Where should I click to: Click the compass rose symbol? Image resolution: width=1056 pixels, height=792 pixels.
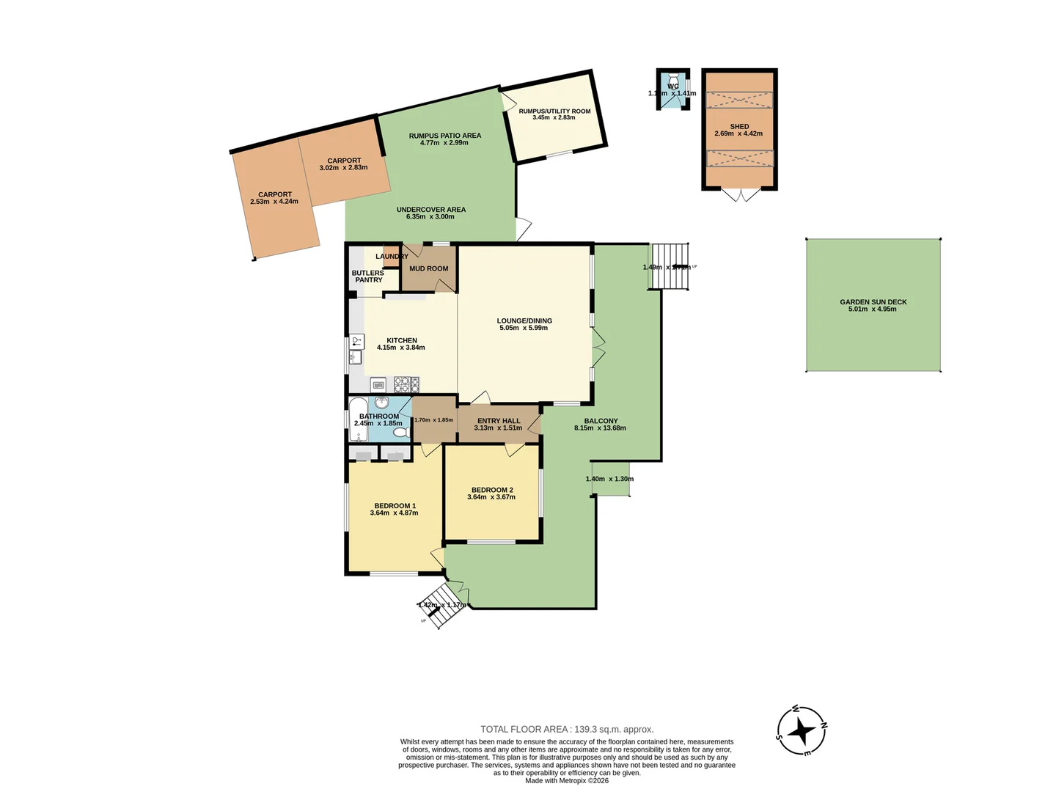point(802,731)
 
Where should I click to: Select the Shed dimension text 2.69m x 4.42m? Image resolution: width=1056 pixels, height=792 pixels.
point(738,134)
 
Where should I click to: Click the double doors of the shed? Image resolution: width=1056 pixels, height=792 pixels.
point(741,194)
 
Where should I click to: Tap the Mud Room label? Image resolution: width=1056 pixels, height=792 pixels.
point(428,268)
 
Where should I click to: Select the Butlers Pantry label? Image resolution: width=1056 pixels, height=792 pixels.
point(368,276)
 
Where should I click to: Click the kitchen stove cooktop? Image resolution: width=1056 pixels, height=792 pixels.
point(406,384)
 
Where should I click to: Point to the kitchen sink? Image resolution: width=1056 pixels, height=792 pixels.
point(356,357)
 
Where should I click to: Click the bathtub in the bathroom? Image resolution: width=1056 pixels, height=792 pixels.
point(357,419)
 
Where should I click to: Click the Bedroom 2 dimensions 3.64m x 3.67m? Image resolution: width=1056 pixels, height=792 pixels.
point(491,497)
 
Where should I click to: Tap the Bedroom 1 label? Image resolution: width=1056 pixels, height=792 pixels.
point(395,505)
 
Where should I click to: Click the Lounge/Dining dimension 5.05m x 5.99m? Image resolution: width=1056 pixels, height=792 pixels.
point(524,328)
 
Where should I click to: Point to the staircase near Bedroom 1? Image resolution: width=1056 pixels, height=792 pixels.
point(442,606)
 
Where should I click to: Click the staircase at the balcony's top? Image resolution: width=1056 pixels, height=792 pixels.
point(670,266)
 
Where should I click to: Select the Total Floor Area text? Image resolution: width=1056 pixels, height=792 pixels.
point(567,729)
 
